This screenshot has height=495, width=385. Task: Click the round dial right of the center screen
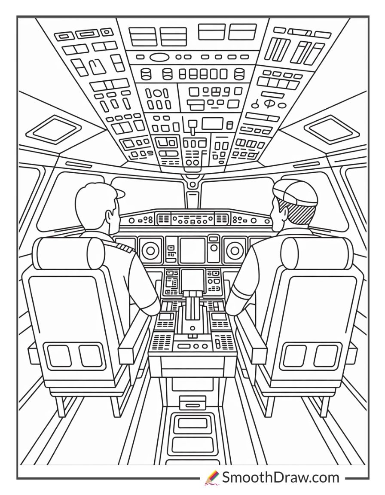234,249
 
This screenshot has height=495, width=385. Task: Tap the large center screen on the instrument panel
192,250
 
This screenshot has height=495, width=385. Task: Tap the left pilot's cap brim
120,193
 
